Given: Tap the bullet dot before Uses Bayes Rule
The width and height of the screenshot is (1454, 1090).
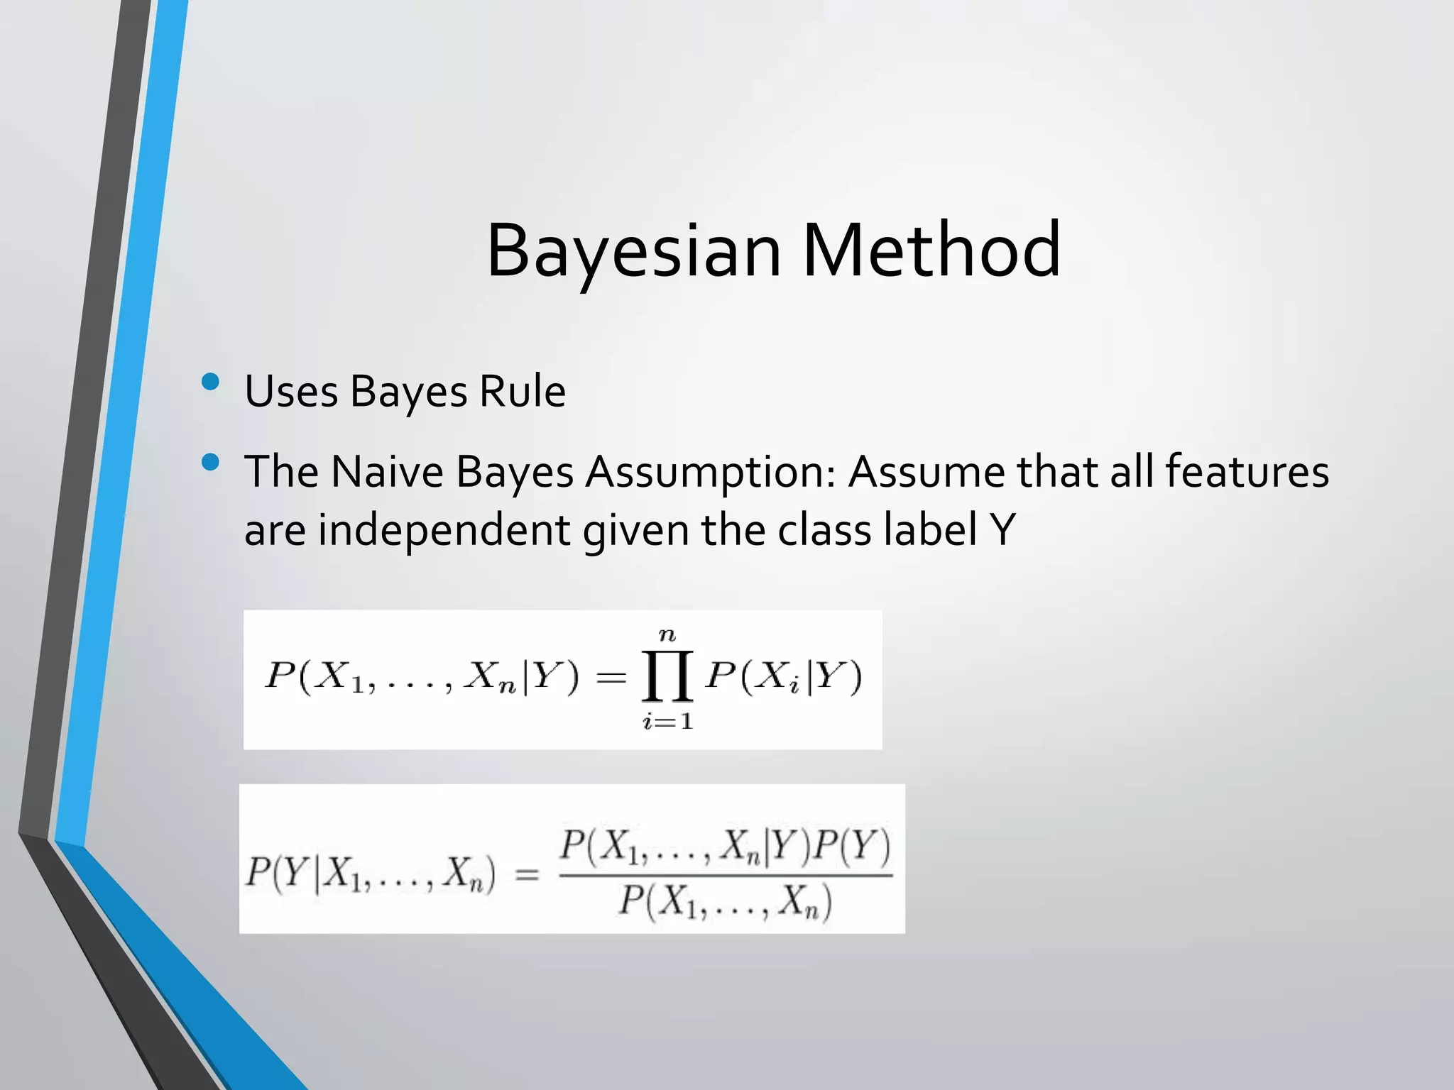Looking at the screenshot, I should point(211,382).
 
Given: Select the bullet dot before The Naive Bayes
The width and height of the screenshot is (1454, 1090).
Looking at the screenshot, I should point(211,463).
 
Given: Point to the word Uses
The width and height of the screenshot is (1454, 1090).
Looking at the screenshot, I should point(291,391).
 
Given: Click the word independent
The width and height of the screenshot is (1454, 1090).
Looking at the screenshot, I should point(444,530).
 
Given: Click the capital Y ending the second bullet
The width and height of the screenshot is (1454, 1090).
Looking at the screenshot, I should point(1002,530).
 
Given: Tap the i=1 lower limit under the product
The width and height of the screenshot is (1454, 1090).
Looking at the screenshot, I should point(667,722).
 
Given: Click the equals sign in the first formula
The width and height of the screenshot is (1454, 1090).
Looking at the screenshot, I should point(611,678).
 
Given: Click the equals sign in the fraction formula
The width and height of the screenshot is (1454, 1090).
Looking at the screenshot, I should point(527,876).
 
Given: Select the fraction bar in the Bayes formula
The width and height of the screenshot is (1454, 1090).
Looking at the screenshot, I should point(726,876).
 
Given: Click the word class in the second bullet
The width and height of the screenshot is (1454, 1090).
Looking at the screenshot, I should point(824,530).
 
